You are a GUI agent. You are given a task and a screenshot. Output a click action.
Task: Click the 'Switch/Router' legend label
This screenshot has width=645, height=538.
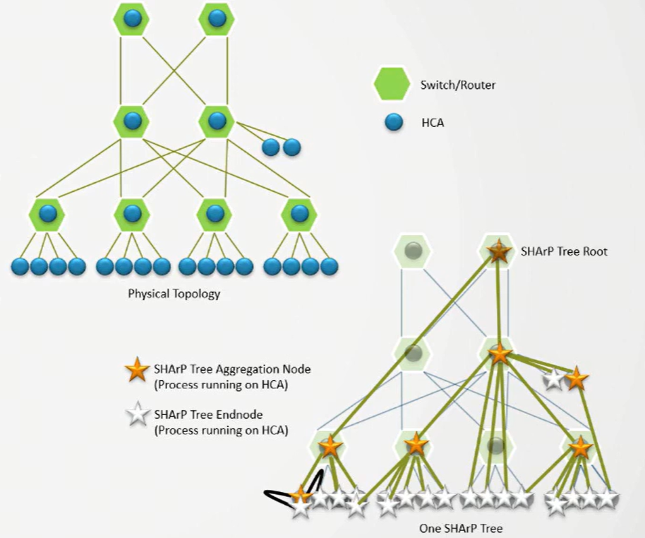point(457,85)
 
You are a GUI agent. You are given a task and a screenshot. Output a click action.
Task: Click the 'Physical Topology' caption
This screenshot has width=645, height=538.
point(174,294)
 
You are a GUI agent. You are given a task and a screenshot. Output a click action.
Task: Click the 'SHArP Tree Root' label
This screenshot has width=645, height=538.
point(563,251)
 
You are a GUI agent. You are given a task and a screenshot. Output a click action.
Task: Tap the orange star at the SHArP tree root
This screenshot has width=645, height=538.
point(499,251)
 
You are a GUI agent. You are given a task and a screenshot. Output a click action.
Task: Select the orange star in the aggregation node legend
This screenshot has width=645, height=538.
point(136,369)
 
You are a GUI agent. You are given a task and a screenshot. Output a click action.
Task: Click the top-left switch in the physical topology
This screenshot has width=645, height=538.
point(131,20)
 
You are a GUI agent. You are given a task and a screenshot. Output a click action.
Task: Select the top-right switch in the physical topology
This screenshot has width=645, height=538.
point(217,20)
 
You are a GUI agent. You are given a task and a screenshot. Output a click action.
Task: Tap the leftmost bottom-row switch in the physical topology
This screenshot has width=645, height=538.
point(47,215)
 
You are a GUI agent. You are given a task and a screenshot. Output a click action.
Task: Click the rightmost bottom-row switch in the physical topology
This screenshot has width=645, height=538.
point(300,215)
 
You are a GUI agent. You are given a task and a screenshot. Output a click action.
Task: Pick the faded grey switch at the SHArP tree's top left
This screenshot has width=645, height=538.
point(414,251)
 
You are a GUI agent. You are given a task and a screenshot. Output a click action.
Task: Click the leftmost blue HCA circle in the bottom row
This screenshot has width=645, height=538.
point(20,267)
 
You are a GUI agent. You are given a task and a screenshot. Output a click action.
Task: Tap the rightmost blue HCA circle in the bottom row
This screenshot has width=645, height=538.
point(330,267)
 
